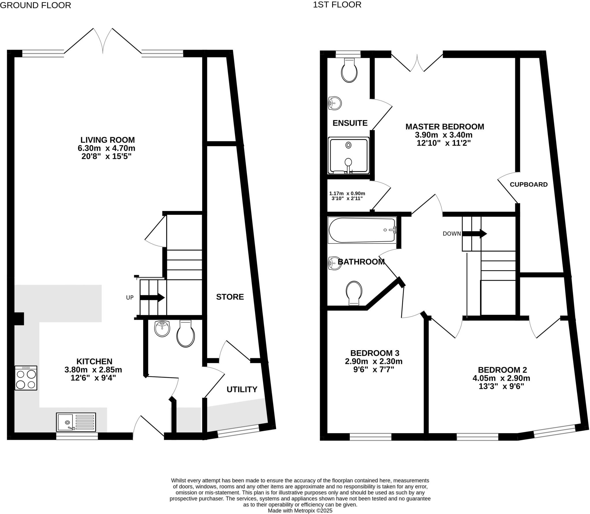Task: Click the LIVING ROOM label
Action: [107, 140]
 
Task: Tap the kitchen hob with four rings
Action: [26, 378]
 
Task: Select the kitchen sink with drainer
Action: [76, 422]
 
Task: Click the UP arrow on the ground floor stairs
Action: [152, 298]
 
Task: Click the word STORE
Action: [230, 297]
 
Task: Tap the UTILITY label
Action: [242, 389]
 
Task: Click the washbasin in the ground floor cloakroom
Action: [162, 329]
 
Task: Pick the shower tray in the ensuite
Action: [349, 156]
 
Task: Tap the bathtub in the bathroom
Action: [362, 230]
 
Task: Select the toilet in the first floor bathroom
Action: [354, 293]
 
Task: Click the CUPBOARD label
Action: [529, 184]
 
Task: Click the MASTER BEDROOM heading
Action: [445, 127]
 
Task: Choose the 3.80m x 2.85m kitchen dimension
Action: [93, 370]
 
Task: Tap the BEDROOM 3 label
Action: [375, 353]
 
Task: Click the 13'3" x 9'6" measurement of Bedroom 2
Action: [501, 386]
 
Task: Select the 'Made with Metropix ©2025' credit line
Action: [300, 511]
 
